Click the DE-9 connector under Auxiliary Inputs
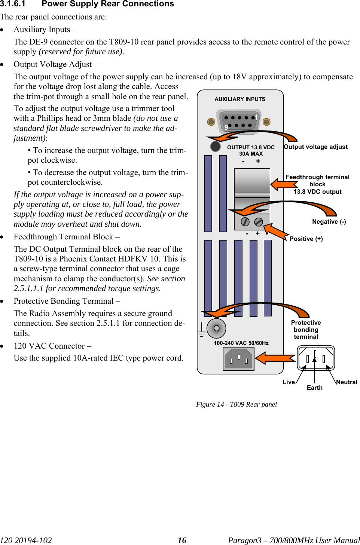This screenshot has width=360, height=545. tap(239, 122)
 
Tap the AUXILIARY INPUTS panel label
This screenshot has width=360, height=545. tap(240, 99)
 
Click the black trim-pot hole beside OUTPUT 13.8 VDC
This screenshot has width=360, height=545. tap(215, 146)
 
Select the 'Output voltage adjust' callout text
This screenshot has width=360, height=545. tap(315, 147)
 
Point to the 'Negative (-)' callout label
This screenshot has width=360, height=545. tap(329, 221)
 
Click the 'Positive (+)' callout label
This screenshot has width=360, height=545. tap(306, 239)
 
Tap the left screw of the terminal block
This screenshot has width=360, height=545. tap(245, 222)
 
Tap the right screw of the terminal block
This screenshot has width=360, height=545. tap(259, 222)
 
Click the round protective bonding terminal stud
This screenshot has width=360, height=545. tap(216, 328)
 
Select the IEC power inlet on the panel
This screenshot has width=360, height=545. tap(239, 359)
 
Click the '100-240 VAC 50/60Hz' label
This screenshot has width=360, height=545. tap(241, 343)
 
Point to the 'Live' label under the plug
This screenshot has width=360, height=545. tap(289, 382)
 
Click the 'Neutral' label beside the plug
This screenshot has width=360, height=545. tap(347, 382)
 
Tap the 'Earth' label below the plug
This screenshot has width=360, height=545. tap(315, 388)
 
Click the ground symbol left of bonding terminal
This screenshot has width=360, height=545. tap(201, 330)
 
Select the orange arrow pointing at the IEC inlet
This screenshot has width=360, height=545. tap(275, 358)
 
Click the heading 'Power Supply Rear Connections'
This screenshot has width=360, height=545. tap(108, 4)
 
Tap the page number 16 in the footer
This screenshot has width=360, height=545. tap(182, 540)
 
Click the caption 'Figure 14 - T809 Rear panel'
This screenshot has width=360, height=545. tap(237, 404)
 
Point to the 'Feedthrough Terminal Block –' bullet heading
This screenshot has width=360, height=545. tap(67, 237)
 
